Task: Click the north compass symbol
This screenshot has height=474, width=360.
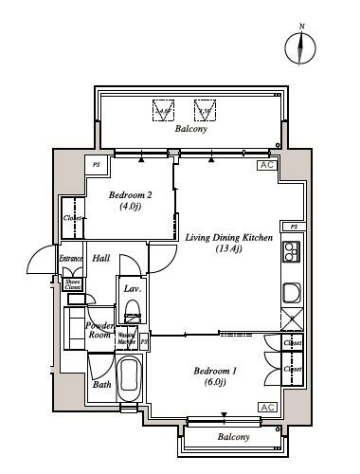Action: tap(302, 46)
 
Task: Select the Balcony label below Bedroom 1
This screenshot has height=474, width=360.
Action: tap(233, 437)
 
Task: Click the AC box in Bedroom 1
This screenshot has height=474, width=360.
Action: tap(266, 407)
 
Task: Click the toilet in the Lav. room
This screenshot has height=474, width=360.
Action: tap(133, 313)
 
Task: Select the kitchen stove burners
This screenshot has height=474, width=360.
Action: tap(291, 253)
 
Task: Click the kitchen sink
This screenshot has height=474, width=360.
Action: tap(291, 289)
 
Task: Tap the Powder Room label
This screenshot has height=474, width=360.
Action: tap(100, 330)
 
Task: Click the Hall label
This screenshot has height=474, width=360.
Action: tap(101, 258)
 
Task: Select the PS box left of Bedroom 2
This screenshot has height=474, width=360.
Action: tap(96, 165)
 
